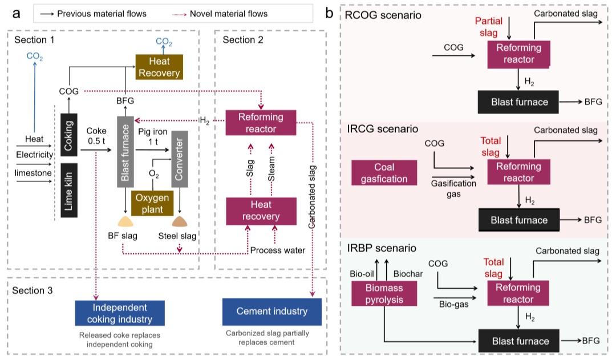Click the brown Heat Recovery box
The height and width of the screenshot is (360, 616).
(x=159, y=67)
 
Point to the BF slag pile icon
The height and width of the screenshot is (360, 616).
(x=125, y=221)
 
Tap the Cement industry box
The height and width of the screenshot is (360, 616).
(x=271, y=312)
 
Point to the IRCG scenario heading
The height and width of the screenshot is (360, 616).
(x=382, y=130)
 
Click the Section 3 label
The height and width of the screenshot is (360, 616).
(x=33, y=291)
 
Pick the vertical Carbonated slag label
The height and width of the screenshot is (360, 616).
(x=313, y=194)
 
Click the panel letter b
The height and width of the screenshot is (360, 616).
(x=329, y=11)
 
